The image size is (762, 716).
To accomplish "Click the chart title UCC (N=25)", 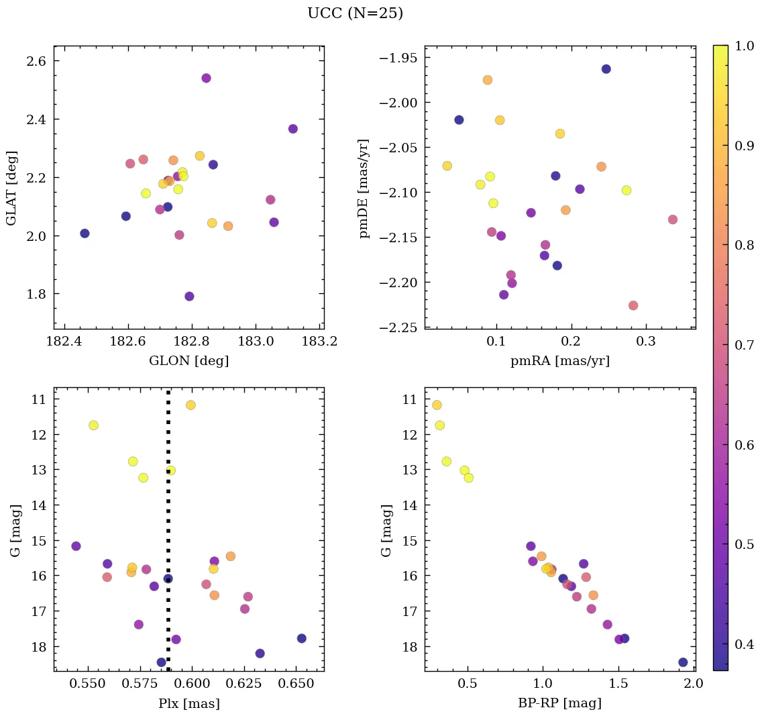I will click(x=355, y=13).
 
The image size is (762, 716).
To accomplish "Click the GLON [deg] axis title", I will click(x=188, y=361).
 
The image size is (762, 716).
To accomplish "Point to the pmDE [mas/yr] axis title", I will click(x=364, y=189).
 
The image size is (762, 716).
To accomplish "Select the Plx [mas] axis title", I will click(x=188, y=703).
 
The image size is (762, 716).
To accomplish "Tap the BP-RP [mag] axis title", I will click(x=559, y=703).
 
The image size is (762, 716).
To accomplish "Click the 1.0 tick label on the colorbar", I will click(x=745, y=46).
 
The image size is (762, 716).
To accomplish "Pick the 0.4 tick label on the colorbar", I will click(x=745, y=644).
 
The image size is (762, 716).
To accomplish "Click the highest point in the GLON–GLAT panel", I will click(x=206, y=78).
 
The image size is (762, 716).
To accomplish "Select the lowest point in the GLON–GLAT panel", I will click(x=189, y=296).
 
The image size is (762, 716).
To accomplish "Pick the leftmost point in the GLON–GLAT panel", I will click(x=85, y=233).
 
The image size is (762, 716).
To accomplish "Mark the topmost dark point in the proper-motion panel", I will click(x=606, y=69).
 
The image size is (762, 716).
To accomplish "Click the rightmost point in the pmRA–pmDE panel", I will click(x=672, y=219).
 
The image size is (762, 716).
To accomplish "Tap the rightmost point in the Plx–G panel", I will click(x=301, y=638).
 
